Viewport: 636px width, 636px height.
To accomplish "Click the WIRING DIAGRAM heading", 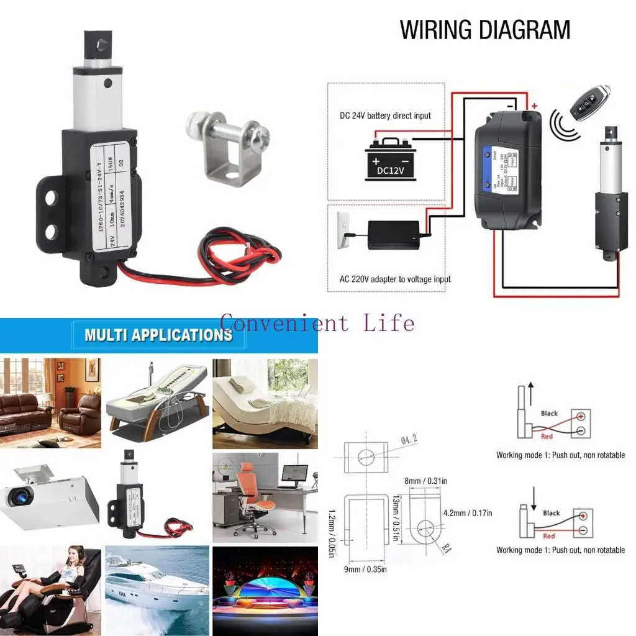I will tap(485, 30).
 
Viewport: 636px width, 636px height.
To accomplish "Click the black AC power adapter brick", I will tap(393, 235).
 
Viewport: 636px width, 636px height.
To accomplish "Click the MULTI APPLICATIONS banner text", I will tap(158, 335).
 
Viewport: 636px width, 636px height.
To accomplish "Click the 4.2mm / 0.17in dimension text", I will tap(468, 513).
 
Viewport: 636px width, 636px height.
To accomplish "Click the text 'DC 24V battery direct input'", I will tap(385, 116).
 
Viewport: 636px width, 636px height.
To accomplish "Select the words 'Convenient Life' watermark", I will tap(317, 323).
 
